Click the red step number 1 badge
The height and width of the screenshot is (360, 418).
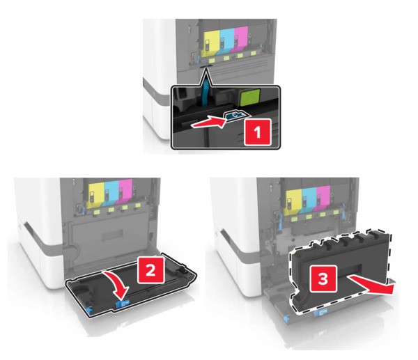point(258,132)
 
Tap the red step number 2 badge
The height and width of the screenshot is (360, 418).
point(150,270)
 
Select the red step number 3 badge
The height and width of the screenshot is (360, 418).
point(323,279)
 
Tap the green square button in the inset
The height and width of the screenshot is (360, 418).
point(250,97)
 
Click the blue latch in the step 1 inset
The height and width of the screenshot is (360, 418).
point(235,115)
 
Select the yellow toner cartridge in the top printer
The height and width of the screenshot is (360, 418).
point(212,41)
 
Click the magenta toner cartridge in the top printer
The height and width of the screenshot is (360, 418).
point(241,40)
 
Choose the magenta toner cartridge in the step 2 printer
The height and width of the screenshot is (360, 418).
point(125,191)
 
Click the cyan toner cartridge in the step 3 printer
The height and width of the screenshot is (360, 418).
point(309,200)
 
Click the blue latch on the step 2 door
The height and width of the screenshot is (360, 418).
point(123,303)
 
